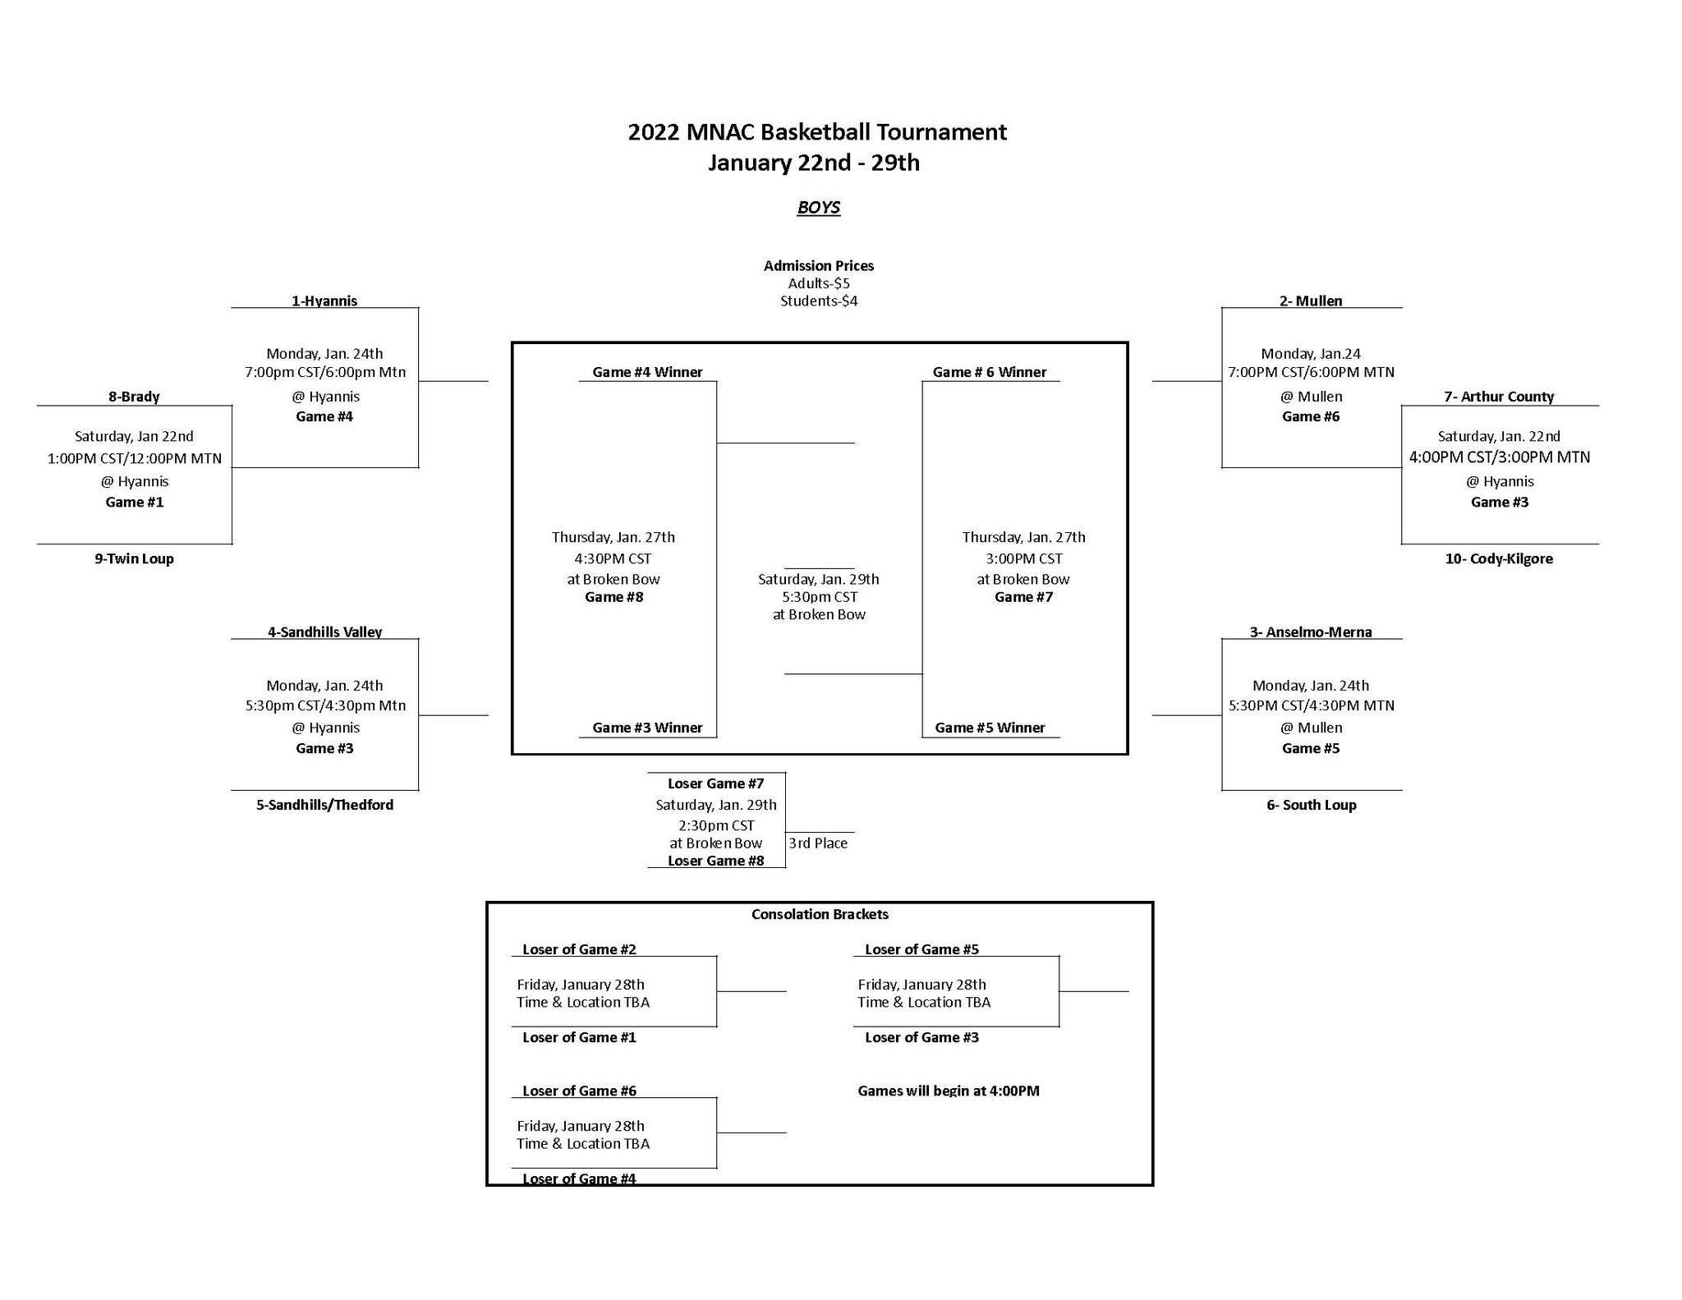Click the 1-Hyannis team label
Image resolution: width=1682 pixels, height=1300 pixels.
(x=324, y=301)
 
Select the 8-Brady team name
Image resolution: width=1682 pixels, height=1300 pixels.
(x=134, y=397)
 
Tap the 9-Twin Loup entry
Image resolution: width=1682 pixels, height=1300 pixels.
(x=134, y=558)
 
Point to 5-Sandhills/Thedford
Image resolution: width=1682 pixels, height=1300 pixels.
(x=324, y=805)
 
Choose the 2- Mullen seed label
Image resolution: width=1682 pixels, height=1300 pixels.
(x=1311, y=301)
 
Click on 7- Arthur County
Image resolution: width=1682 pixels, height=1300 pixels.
(x=1499, y=397)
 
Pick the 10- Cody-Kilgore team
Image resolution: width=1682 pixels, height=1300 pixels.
(x=1499, y=558)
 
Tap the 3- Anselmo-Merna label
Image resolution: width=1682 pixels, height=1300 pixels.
(x=1311, y=632)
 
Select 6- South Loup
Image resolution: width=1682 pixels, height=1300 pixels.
(x=1311, y=805)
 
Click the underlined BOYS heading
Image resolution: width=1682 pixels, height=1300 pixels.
(x=818, y=207)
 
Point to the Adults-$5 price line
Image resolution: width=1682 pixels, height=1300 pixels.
(x=819, y=283)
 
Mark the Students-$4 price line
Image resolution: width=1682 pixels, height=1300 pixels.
(x=819, y=301)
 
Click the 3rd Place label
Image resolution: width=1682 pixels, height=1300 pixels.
(x=818, y=843)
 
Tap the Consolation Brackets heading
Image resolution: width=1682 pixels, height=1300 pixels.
(x=820, y=914)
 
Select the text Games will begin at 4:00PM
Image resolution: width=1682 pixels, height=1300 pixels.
(x=949, y=1091)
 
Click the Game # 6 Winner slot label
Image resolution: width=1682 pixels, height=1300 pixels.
(x=989, y=372)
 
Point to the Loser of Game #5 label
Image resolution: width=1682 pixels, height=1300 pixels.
(x=921, y=949)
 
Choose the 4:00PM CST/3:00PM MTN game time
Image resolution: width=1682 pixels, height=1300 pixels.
(x=1499, y=457)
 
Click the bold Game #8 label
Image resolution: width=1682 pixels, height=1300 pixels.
(x=614, y=597)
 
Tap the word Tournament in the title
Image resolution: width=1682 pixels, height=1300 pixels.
(x=941, y=132)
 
